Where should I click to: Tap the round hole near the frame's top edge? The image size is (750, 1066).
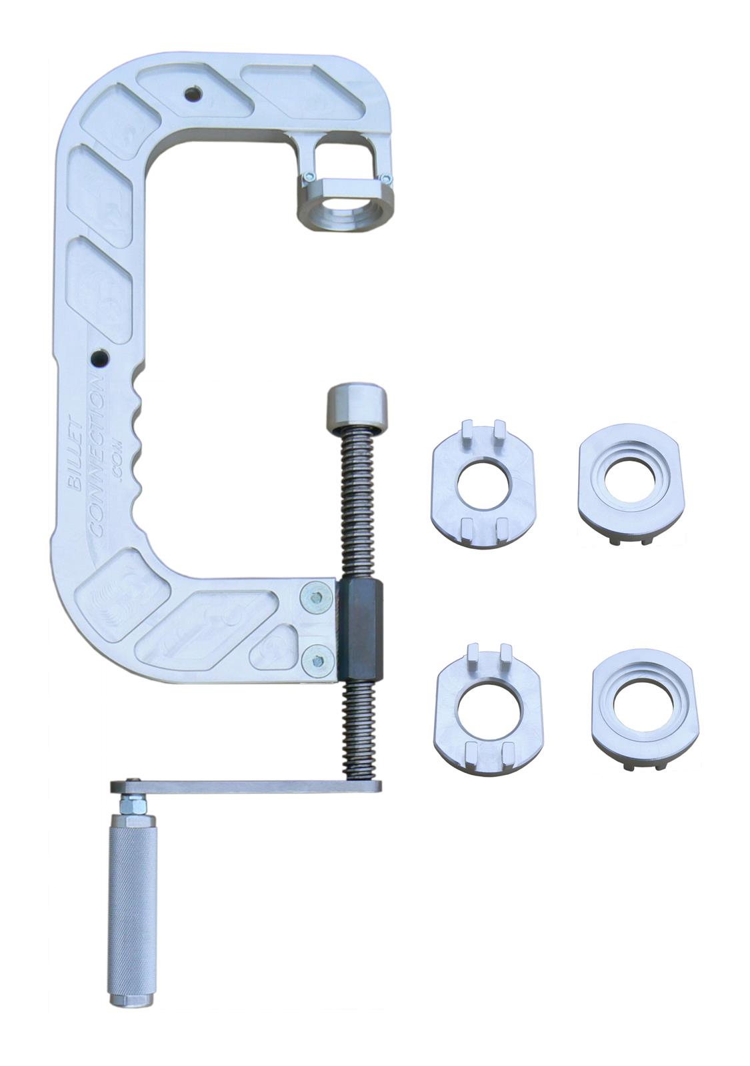pyautogui.click(x=193, y=94)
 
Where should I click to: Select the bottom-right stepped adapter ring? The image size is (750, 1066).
pyautogui.click(x=645, y=705)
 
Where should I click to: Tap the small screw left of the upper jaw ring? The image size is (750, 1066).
pyautogui.click(x=309, y=177)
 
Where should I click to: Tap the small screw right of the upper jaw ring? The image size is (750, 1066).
pyautogui.click(x=386, y=178)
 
